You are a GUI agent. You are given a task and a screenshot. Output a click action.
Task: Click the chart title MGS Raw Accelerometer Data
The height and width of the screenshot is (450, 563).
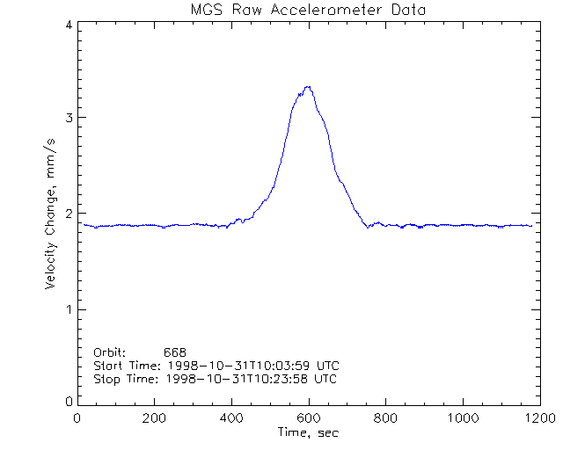307,10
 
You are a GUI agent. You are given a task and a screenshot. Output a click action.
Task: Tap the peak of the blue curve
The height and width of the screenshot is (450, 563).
308,87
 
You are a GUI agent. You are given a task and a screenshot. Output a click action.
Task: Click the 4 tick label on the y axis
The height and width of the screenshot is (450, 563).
68,25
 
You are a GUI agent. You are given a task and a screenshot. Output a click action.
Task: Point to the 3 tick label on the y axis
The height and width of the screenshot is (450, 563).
68,118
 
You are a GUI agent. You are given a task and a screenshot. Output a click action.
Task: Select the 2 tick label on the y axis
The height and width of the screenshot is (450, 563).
68,214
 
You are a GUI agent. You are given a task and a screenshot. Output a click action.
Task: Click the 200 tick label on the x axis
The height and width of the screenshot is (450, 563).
154,417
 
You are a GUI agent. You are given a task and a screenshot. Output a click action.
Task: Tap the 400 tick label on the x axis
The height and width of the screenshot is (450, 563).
231,417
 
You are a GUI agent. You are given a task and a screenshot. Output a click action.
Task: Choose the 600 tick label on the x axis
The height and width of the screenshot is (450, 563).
308,417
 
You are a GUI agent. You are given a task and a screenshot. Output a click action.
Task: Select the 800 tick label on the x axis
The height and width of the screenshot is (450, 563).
384,417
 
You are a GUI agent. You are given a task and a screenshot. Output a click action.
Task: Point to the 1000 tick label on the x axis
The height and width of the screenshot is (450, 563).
461,417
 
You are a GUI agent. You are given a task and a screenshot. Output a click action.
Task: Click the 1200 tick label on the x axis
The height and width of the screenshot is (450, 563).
537,417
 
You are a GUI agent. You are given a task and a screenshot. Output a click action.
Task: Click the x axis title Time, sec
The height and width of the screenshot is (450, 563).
308,432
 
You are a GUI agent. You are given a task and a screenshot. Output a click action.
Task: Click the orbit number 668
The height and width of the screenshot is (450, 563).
175,351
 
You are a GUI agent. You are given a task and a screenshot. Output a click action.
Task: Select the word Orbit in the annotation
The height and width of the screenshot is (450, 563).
110,351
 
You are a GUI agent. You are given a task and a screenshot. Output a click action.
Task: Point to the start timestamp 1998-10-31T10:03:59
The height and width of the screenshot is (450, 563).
249,365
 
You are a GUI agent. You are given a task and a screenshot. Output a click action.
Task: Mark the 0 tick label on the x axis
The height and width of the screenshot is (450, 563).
78,417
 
